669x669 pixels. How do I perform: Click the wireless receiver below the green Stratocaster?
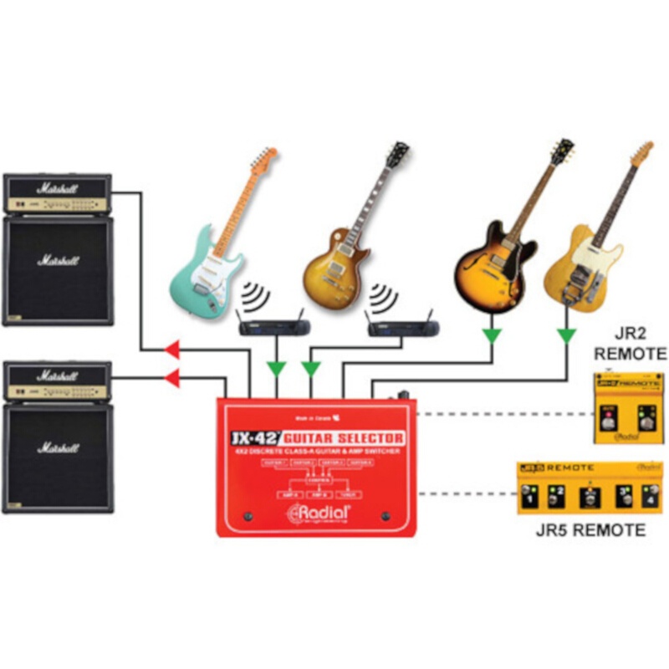point(273,327)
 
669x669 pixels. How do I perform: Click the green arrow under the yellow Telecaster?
point(568,336)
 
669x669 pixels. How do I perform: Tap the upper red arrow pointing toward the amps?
point(172,348)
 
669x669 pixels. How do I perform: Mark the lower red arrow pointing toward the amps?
point(172,379)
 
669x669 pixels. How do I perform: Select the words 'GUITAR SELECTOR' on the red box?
point(343,437)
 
